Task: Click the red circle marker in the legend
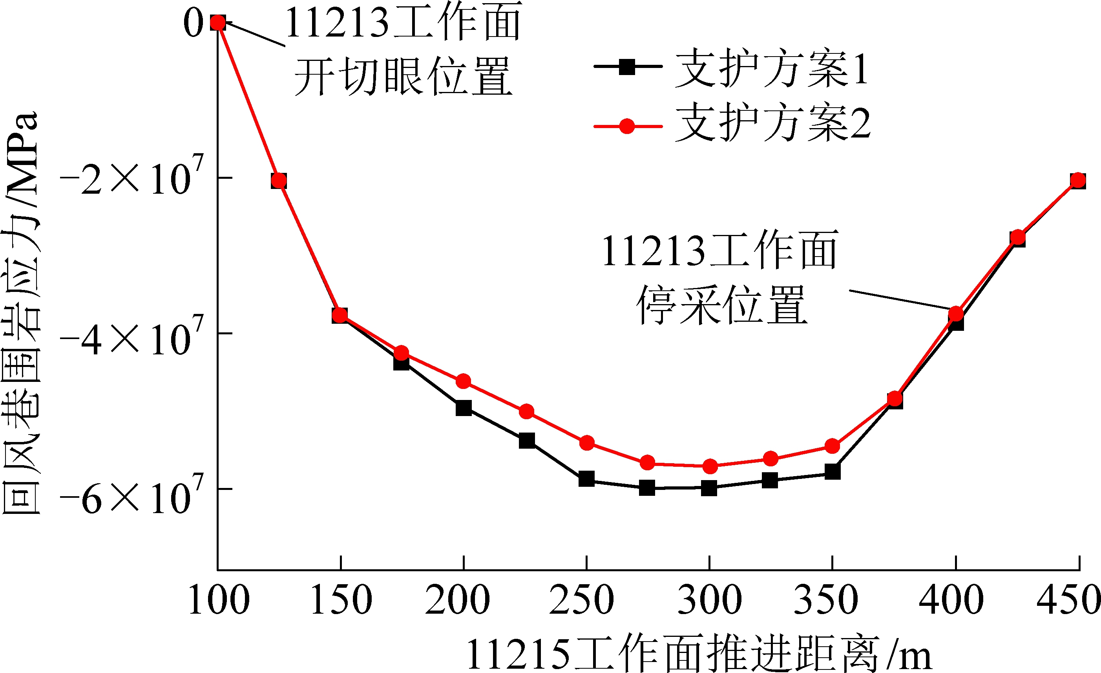[627, 127]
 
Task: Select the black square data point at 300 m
[709, 488]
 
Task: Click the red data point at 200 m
[464, 381]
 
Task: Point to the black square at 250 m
[586, 479]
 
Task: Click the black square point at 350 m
[833, 471]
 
